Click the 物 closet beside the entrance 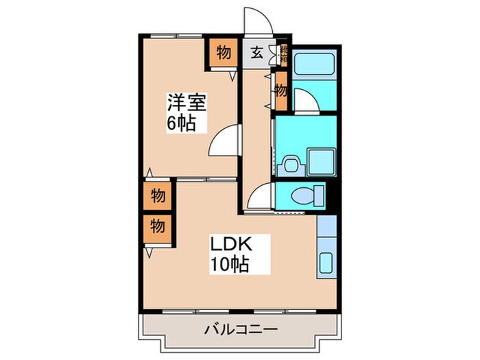tap(224, 52)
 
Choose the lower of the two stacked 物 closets tap(158, 226)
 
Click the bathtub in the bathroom tap(313, 67)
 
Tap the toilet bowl tap(304, 196)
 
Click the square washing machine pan tap(320, 162)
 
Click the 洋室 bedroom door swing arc tap(225, 142)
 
